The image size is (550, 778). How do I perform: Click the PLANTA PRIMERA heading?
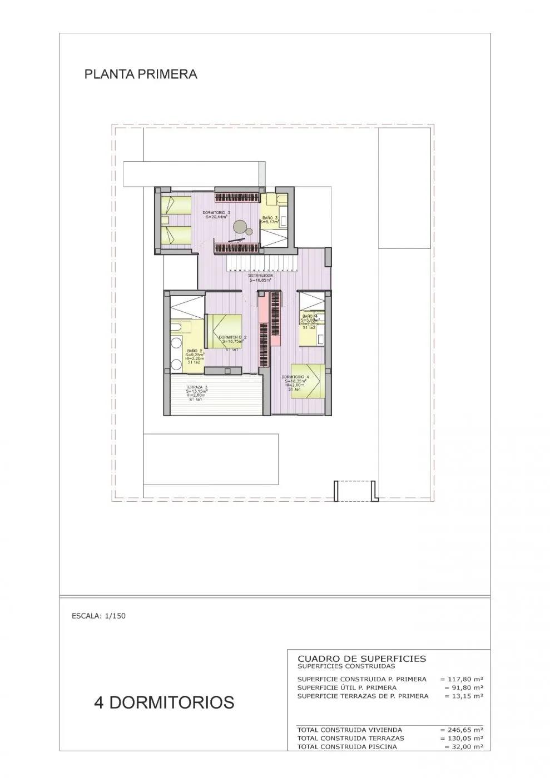point(141,74)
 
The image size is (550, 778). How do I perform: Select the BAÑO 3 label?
point(270,218)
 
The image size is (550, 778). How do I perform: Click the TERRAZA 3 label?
point(197,387)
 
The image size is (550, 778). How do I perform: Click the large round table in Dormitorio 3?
point(241,226)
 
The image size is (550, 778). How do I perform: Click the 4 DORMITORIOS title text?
point(164,702)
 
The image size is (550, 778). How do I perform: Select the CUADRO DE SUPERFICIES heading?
point(362,659)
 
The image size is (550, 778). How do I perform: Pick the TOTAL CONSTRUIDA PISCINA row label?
point(347,746)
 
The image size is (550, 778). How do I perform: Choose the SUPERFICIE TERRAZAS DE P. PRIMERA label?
point(363,696)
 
